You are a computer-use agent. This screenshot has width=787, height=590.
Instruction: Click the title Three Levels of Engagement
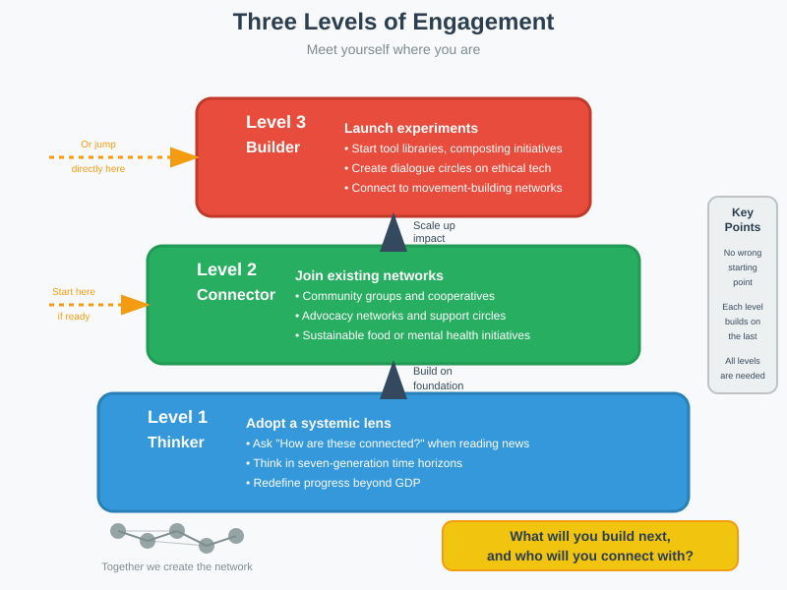coord(393,22)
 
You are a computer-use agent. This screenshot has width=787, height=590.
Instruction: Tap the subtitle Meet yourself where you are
coord(393,49)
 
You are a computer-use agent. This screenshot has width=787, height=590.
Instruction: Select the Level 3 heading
coord(275,122)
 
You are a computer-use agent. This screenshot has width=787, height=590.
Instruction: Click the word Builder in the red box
coord(272,147)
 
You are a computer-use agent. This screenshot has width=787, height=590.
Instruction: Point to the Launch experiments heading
coord(411,128)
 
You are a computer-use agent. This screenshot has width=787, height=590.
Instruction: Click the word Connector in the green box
coord(236,295)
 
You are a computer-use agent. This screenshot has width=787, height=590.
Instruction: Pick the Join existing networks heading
coord(369,275)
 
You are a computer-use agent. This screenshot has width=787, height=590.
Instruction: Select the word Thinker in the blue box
coord(176,442)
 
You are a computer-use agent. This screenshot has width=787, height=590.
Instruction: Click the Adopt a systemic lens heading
coord(319,423)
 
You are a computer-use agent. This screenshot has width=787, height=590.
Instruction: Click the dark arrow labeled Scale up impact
coord(393,234)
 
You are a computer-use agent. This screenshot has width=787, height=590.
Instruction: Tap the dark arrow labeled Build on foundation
coord(393,381)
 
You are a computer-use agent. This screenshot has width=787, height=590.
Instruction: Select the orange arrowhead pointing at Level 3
coord(184,157)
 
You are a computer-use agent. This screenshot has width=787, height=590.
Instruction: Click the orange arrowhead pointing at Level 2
coord(135,305)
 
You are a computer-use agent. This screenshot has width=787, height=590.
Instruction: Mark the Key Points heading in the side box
coord(743,219)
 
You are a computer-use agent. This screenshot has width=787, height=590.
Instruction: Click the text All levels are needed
coord(743,368)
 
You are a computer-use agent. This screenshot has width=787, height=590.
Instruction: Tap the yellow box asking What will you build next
coord(590,546)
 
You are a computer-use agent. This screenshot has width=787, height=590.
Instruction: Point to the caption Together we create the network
coord(177,566)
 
